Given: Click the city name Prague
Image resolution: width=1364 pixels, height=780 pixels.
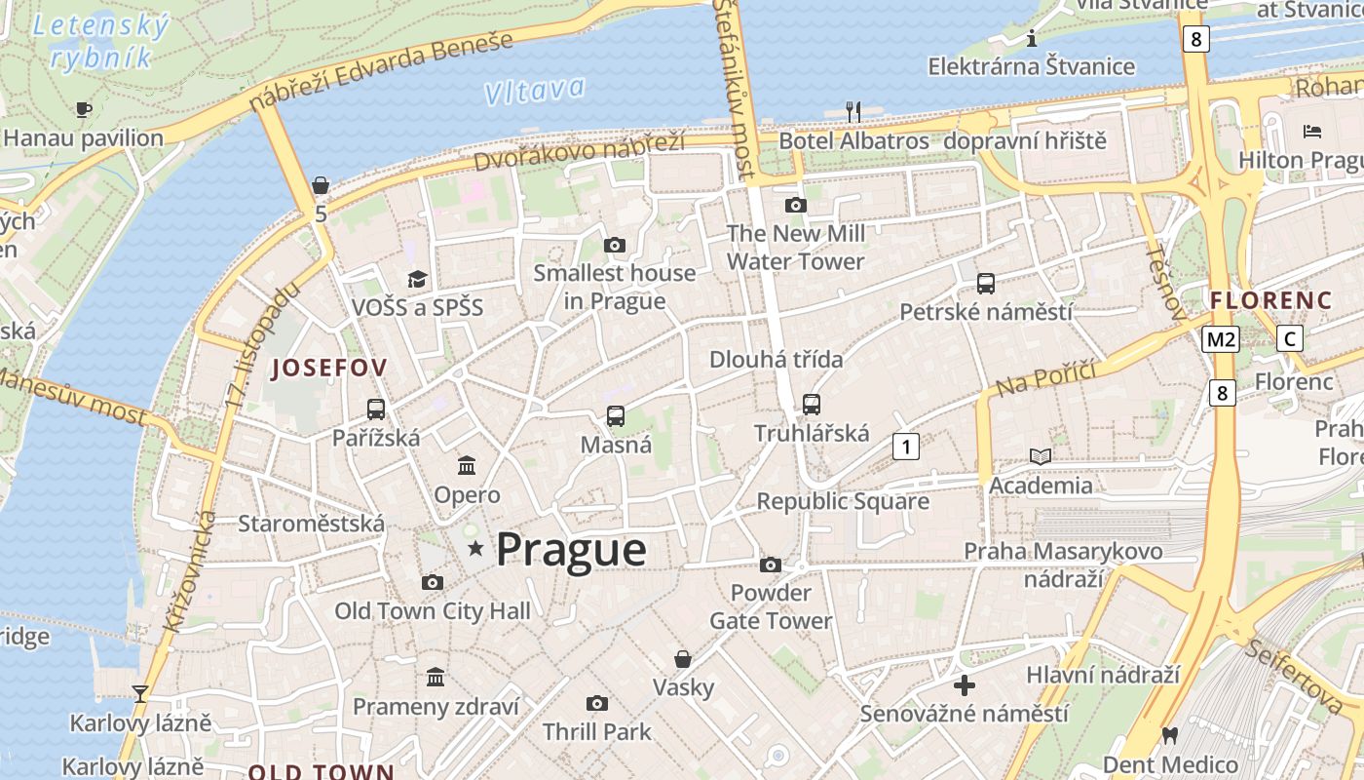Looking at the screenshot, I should [571, 550].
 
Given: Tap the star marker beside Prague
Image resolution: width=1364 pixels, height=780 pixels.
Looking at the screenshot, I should [475, 549].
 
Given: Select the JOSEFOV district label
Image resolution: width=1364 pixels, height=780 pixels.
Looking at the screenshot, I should [329, 368].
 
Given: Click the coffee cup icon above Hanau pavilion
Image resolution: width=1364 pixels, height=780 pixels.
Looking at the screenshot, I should [83, 109].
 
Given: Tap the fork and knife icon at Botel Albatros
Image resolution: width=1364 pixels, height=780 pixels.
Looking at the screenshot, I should [853, 111].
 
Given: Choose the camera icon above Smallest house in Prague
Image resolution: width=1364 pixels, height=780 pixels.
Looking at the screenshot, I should [614, 245].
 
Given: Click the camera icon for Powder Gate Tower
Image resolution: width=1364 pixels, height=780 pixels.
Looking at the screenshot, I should [770, 565].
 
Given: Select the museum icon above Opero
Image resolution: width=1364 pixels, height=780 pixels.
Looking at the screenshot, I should [467, 465].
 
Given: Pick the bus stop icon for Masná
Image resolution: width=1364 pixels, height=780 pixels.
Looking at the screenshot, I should [616, 416].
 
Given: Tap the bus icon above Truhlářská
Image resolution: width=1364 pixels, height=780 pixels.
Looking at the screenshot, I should [811, 404].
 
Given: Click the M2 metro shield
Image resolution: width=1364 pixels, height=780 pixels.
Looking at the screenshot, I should [1220, 339].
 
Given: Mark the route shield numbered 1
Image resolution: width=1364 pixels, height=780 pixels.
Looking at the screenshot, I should [906, 447].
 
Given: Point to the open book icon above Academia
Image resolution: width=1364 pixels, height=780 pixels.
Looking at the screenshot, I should [1041, 456].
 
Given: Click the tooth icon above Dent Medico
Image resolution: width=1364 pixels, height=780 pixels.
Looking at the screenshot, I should [1169, 736].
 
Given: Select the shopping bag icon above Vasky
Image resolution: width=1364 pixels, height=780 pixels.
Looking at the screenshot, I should [683, 659].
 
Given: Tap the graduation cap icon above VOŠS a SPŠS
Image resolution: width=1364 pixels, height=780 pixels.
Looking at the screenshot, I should [417, 280].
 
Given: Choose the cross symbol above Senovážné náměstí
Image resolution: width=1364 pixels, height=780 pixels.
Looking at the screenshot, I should [964, 685].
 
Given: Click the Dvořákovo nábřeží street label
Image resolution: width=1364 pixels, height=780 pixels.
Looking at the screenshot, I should [580, 151].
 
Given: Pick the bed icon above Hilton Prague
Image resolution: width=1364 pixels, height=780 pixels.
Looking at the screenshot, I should [1311, 131].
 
